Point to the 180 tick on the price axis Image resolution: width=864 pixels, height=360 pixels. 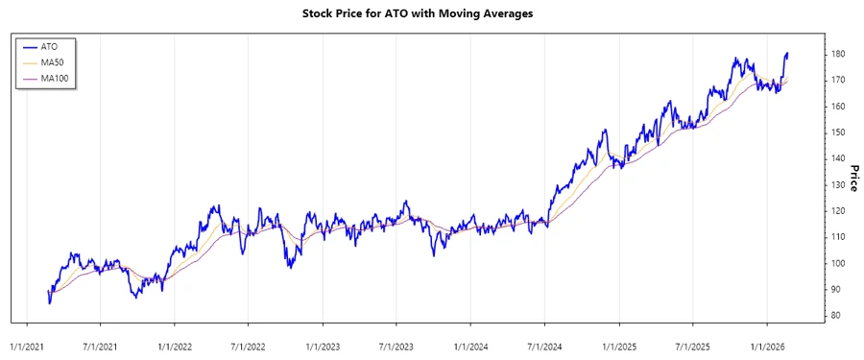(837, 54)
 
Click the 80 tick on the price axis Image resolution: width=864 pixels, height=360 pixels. (835, 316)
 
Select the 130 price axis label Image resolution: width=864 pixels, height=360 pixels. (837, 184)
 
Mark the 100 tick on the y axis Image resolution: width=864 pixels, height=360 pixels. (837, 263)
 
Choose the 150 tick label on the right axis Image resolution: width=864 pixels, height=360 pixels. (837, 132)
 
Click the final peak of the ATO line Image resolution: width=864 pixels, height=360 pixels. (787, 54)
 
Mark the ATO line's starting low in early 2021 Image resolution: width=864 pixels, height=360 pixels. (49, 303)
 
